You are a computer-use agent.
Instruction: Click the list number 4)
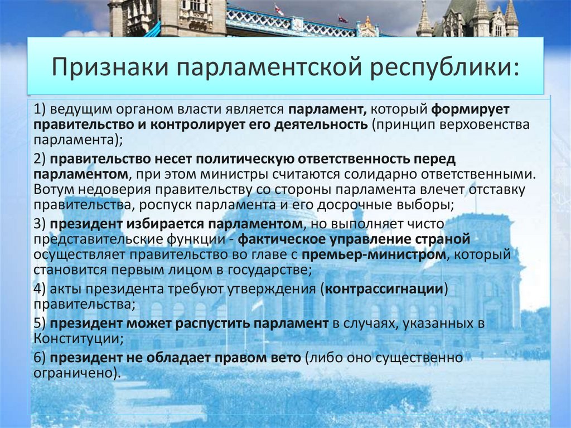click(x=40, y=290)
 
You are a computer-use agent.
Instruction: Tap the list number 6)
click(x=40, y=358)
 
